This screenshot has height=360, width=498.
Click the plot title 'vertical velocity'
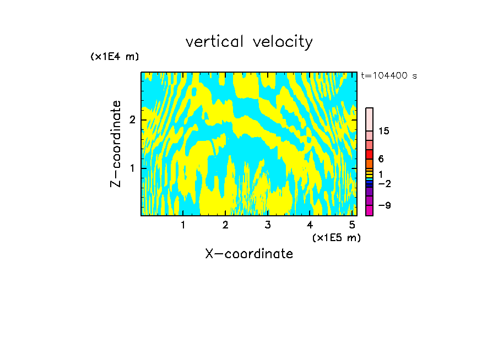tap(249, 42)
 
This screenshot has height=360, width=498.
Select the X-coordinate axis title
tap(249, 254)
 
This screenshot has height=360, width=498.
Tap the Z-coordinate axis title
tap(116, 144)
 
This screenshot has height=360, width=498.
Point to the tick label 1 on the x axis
tap(183, 225)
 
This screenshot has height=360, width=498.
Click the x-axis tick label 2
tap(225, 225)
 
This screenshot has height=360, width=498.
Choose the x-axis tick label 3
tap(268, 225)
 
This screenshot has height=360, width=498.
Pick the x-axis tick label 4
tap(310, 225)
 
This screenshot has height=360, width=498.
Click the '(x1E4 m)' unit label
tap(115, 57)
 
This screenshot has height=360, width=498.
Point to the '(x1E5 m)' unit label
tap(336, 237)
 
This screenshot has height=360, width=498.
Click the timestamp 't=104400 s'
tap(389, 75)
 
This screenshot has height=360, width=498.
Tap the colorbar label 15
tap(384, 131)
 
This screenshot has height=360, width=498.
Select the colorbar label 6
tap(381, 159)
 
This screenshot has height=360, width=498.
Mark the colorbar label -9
tap(384, 205)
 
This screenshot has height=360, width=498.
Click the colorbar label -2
tap(384, 183)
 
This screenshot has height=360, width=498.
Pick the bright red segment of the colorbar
tap(369, 154)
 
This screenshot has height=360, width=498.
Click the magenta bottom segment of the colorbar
tap(369, 210)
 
